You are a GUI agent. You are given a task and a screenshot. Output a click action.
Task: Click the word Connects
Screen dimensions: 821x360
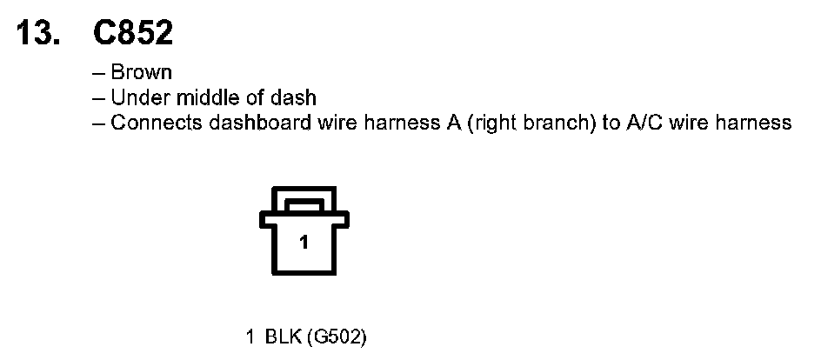coord(157,123)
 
